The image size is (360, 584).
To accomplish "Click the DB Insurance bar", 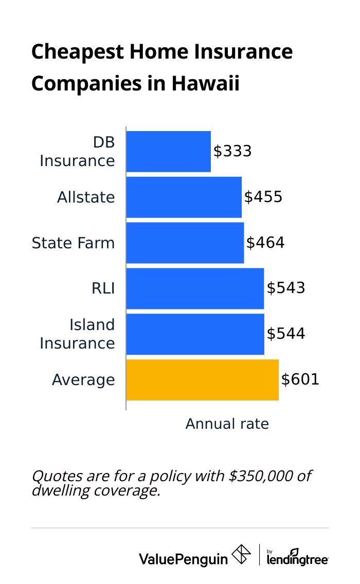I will click(x=168, y=152).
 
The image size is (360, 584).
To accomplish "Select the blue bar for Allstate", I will click(x=184, y=197).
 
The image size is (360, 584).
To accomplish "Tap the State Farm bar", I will click(x=185, y=243).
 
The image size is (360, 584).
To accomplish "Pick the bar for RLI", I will click(x=195, y=288).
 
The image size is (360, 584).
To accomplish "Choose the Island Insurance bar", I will click(x=195, y=334).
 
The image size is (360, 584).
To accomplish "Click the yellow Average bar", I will click(x=202, y=380).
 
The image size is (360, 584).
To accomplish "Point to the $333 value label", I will click(x=232, y=152).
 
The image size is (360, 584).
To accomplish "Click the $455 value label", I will click(x=263, y=197).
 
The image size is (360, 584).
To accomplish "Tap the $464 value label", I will click(x=265, y=243).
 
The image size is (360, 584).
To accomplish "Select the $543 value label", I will click(x=286, y=288).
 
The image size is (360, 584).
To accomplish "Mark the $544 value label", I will click(x=286, y=334).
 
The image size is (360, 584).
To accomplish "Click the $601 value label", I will click(x=300, y=380).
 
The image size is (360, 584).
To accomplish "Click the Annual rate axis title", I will click(x=227, y=424).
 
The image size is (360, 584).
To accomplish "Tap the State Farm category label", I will click(x=73, y=243).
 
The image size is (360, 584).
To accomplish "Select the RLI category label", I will click(x=103, y=288).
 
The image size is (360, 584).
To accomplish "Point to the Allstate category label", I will click(x=86, y=197).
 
